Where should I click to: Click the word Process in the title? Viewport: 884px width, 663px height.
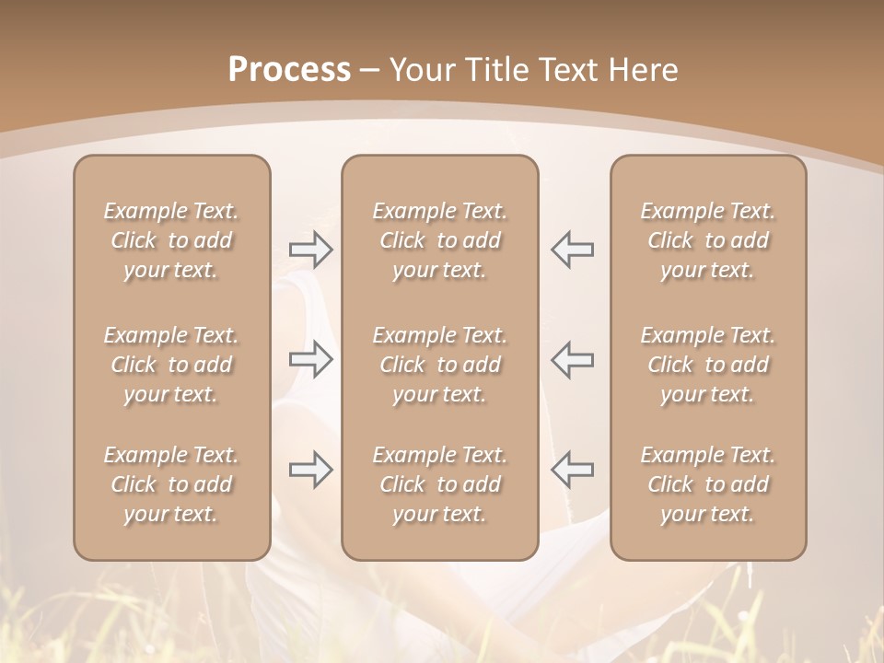[x=289, y=70]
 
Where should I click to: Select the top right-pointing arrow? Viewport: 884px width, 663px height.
[x=310, y=250]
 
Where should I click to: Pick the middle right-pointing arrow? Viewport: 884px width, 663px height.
[x=310, y=359]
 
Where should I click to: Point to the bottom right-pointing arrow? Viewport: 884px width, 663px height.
[x=310, y=470]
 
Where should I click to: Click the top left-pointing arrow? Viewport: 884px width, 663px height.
[x=572, y=250]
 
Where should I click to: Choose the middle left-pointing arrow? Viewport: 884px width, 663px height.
[x=572, y=359]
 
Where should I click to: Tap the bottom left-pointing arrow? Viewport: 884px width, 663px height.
[x=572, y=470]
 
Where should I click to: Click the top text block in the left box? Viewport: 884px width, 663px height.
[x=171, y=240]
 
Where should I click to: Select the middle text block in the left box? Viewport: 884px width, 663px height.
[x=171, y=365]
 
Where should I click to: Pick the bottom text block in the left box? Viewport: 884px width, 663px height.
[x=171, y=484]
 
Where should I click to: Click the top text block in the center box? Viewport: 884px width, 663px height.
[x=439, y=240]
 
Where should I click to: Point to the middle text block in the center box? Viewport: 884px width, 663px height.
[x=439, y=365]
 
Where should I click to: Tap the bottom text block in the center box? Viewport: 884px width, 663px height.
[x=439, y=484]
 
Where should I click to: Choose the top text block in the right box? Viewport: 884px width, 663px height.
[x=708, y=240]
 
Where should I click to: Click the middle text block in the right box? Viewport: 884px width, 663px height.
[x=708, y=365]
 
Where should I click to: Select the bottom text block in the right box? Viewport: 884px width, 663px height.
[x=708, y=484]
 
